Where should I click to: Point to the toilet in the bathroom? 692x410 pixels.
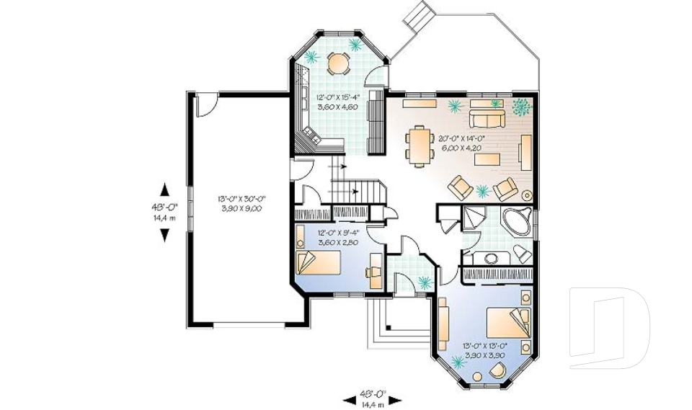[x=522, y=253]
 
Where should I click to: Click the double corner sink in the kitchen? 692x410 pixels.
[x=312, y=134]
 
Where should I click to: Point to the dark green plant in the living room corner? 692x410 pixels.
[x=520, y=107]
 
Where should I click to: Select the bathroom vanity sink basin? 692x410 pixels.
[x=492, y=257]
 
